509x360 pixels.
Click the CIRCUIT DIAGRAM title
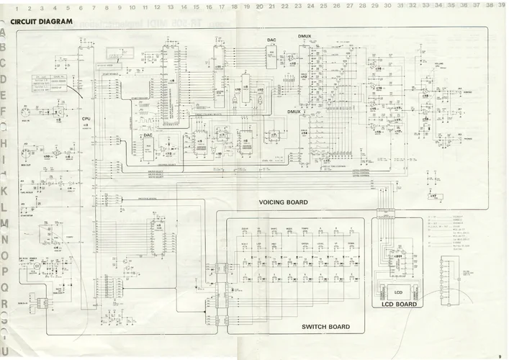click(x=42, y=22)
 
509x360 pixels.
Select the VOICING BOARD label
click(x=283, y=202)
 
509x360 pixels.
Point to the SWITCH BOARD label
click(x=325, y=327)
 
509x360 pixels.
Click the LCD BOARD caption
click(x=399, y=304)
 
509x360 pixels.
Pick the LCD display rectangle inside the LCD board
click(x=398, y=292)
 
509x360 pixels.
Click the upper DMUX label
click(x=304, y=35)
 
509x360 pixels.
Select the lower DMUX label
click(x=294, y=112)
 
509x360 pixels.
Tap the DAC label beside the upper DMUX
click(x=271, y=40)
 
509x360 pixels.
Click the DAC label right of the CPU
click(x=148, y=135)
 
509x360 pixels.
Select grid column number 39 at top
click(x=500, y=5)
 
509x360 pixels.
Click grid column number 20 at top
click(x=258, y=6)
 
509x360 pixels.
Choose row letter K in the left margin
click(x=4, y=191)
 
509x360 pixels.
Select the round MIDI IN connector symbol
click(x=26, y=112)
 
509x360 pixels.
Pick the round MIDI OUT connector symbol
click(x=27, y=154)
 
